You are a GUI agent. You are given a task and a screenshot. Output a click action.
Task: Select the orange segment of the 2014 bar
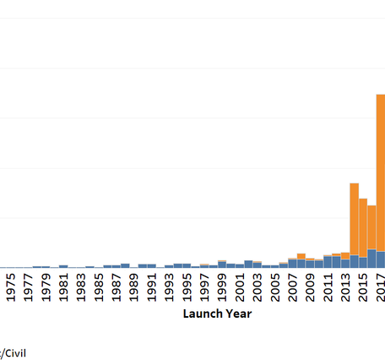pyautogui.click(x=355, y=218)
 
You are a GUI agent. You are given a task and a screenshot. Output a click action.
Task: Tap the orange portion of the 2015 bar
pyautogui.click(x=363, y=227)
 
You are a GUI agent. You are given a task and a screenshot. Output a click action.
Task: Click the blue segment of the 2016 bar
pyautogui.click(x=371, y=259)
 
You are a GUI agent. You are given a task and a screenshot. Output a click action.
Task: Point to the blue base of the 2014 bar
pyautogui.click(x=355, y=261)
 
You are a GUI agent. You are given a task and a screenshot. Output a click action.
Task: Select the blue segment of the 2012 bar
pyautogui.click(x=337, y=261)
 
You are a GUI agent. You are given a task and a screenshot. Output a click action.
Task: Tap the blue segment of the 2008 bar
pyautogui.click(x=301, y=263)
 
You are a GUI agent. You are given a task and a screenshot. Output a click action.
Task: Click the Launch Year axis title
pyautogui.click(x=217, y=314)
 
